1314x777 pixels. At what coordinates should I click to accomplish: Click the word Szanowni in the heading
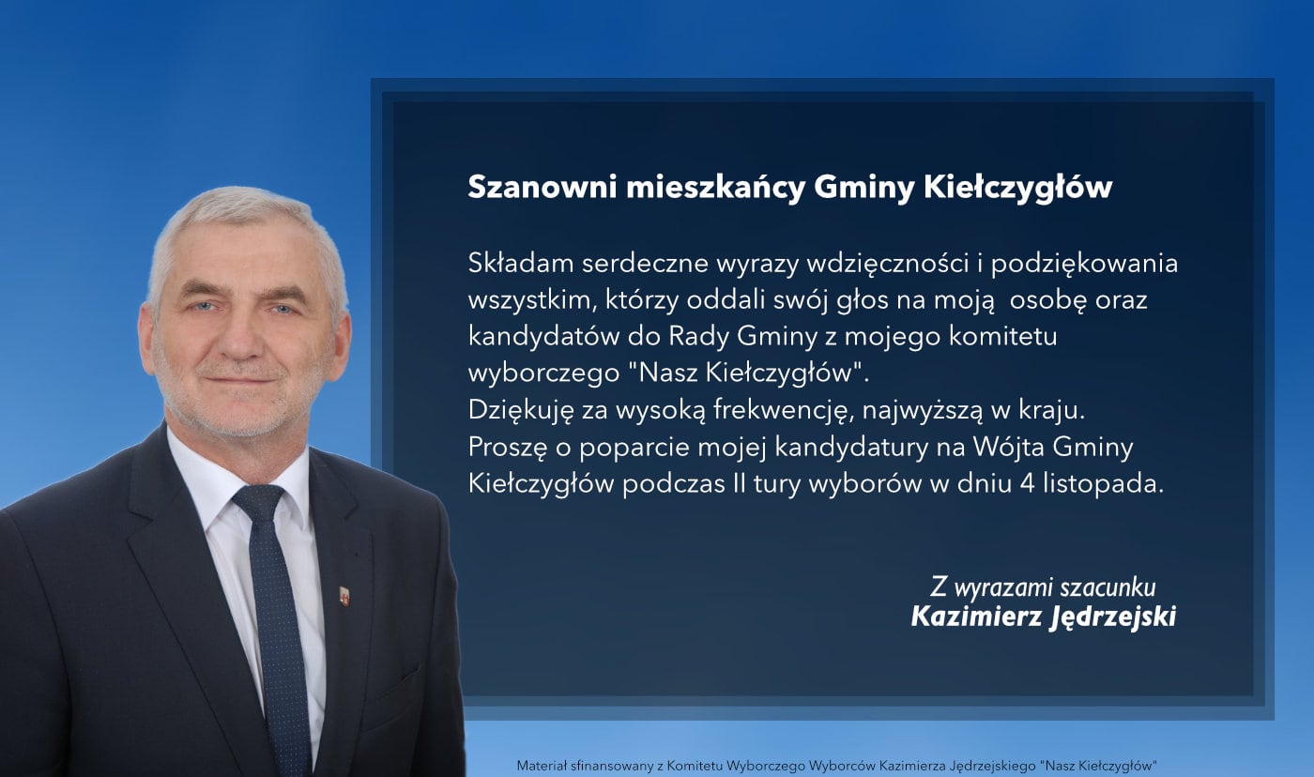pos(542,188)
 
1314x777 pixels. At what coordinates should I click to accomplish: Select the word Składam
pos(521,264)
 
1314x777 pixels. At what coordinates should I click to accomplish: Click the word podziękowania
pos(1084,265)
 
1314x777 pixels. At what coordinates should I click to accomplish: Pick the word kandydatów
pos(542,337)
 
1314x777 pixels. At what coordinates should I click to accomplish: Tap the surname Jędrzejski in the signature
pos(1111,617)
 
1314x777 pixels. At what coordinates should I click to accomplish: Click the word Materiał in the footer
pos(539,766)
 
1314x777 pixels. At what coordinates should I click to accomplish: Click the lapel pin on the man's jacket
pos(345,596)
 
